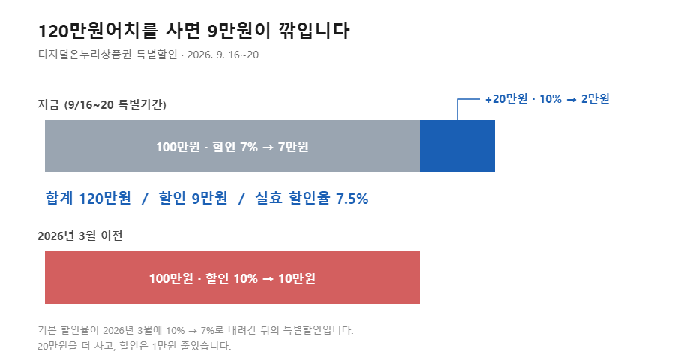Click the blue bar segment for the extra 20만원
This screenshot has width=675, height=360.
click(x=457, y=146)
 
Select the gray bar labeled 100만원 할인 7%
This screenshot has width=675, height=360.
click(x=232, y=146)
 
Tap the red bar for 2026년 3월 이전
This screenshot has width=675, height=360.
click(x=232, y=277)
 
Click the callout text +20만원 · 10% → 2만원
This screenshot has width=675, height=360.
click(x=547, y=98)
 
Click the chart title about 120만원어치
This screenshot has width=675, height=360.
click(x=193, y=31)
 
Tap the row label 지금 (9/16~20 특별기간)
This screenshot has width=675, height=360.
click(x=102, y=105)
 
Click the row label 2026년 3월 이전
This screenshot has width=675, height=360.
click(x=80, y=235)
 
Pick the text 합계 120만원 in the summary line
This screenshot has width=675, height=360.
click(x=88, y=199)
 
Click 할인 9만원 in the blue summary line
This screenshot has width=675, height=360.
click(x=193, y=199)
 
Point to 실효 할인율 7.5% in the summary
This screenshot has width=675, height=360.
click(x=312, y=199)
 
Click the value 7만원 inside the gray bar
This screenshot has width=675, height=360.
click(x=293, y=147)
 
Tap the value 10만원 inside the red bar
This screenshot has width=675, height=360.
click(x=296, y=278)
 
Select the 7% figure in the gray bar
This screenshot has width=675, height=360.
click(x=249, y=147)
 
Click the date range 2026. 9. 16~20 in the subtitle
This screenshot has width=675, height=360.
click(x=223, y=55)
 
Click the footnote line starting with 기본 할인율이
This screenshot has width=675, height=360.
click(x=196, y=330)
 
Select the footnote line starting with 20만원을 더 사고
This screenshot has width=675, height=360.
click(x=134, y=346)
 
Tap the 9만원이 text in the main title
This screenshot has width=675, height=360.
click(x=239, y=31)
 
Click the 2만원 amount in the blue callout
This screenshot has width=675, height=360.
click(x=595, y=98)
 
